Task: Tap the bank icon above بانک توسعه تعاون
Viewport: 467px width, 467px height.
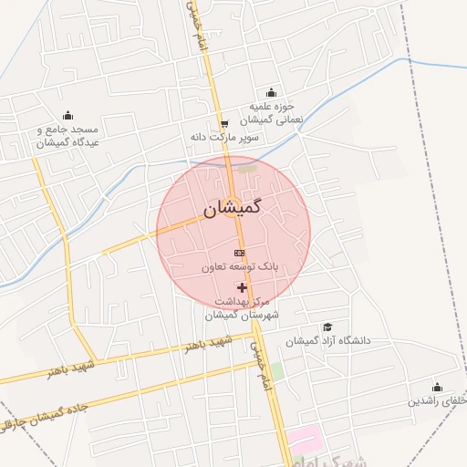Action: point(240,253)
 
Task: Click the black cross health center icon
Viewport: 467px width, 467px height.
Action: point(242,287)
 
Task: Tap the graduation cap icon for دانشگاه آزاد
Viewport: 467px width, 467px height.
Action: point(327,327)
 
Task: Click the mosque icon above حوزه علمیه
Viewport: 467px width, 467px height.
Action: point(270,93)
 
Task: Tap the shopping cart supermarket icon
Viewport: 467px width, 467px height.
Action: point(224,124)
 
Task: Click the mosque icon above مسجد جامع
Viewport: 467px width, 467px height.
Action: point(67,116)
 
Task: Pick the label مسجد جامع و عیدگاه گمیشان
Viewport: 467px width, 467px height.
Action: point(67,136)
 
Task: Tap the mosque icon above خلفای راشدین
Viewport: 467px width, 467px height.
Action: point(436,387)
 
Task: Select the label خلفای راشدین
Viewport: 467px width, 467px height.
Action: point(437,401)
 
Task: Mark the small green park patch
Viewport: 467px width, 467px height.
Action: point(276,372)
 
